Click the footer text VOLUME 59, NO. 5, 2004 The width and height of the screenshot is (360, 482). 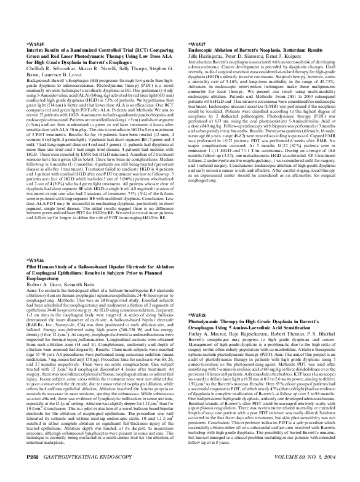pyautogui.click(x=301, y=476)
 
